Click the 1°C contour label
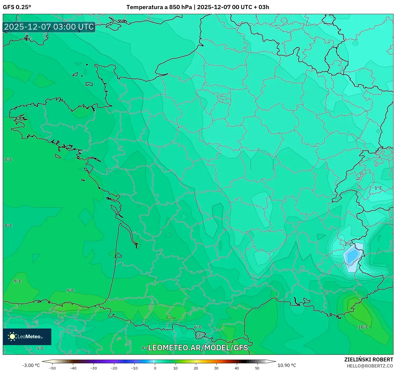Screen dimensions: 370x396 378,188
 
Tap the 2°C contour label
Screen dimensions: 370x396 348,244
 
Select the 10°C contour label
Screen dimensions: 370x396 363,327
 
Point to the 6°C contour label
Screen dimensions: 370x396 198,327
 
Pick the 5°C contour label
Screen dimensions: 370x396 40,348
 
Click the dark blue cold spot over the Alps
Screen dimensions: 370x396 352,256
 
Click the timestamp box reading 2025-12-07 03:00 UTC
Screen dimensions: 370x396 49,27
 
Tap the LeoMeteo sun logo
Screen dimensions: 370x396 12,337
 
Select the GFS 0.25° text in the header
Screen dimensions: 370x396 17,7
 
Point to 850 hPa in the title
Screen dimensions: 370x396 180,7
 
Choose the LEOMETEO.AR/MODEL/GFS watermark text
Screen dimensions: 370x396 198,348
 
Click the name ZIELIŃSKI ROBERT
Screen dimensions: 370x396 369,359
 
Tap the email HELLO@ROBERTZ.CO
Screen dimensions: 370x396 370,366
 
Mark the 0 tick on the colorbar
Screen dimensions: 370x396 155,368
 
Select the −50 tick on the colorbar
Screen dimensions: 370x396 52,368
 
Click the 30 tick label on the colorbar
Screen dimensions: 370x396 216,368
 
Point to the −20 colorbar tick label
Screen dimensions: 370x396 114,368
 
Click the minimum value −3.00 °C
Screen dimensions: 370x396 31,365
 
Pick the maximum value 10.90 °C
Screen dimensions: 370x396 287,365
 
